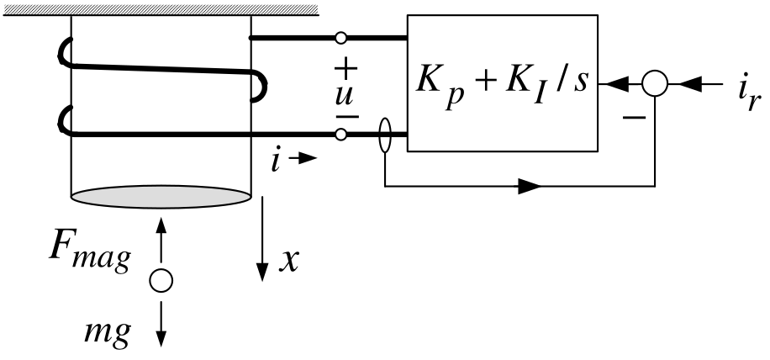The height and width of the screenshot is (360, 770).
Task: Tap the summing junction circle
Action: click(x=655, y=83)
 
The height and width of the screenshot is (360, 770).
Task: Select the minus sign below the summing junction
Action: click(x=634, y=118)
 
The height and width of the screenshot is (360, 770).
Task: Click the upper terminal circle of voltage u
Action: click(x=340, y=37)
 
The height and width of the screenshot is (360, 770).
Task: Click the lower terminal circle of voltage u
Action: click(x=340, y=134)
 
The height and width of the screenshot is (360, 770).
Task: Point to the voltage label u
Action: click(x=344, y=96)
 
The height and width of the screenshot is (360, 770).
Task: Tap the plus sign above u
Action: click(x=346, y=68)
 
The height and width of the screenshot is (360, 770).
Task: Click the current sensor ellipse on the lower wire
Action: click(x=385, y=135)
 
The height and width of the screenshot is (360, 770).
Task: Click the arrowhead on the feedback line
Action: click(x=530, y=186)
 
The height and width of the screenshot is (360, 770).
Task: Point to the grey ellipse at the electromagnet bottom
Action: click(x=161, y=197)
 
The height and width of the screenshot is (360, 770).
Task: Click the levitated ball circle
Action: click(x=161, y=280)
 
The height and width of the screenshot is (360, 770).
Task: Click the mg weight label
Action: click(x=107, y=333)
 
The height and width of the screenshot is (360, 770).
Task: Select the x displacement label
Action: click(x=289, y=260)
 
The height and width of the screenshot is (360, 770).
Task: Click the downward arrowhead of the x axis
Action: click(x=263, y=272)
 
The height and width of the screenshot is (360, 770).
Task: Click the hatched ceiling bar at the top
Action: click(x=161, y=10)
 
